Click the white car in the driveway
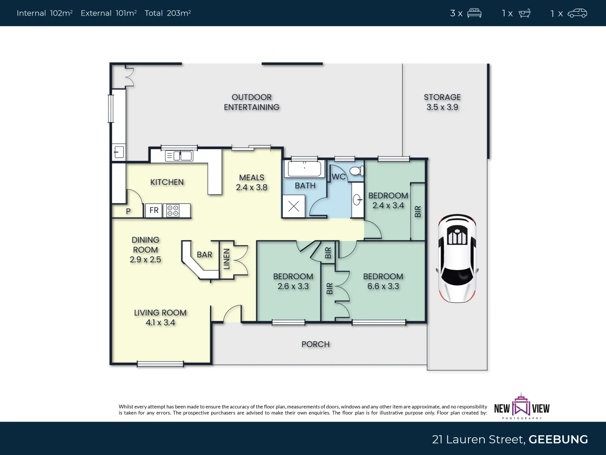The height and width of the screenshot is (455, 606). (457, 258)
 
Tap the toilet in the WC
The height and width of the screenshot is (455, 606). (356, 171)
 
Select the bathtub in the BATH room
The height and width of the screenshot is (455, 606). (304, 169)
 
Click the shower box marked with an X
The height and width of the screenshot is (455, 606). (294, 206)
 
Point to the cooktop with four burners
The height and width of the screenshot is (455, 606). (173, 211)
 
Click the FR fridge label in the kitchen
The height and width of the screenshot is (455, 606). (154, 210)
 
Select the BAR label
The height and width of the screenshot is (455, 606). (205, 254)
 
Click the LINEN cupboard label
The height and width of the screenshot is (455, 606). (226, 259)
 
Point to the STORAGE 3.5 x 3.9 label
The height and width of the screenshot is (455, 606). (442, 102)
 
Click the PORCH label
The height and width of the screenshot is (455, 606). (315, 344)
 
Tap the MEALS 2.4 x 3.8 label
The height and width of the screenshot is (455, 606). (252, 182)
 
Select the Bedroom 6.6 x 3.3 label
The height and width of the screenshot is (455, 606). (383, 281)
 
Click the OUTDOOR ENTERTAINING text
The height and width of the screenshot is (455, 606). (252, 102)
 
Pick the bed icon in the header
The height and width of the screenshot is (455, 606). (474, 13)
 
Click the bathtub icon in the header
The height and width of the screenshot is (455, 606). (524, 13)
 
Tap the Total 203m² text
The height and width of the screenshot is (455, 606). (167, 13)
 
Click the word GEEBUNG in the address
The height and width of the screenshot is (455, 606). (558, 439)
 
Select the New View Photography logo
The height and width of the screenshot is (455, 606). (522, 407)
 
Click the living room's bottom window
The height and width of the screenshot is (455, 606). (160, 364)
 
